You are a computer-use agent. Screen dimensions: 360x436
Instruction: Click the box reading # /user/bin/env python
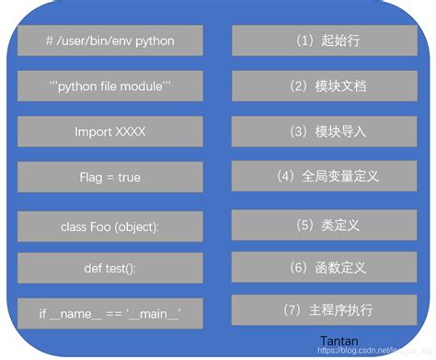tap(110, 41)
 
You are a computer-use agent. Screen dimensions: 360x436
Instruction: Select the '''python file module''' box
tap(110, 87)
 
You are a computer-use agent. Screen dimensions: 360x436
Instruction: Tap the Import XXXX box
tap(110, 132)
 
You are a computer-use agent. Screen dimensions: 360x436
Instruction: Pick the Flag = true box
tap(110, 177)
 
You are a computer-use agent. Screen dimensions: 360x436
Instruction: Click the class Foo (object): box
tap(110, 225)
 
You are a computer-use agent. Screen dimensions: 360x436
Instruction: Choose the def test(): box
tap(110, 269)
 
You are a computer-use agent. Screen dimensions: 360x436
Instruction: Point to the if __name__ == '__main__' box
tap(110, 314)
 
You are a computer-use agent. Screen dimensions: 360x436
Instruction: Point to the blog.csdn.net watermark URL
tap(373, 352)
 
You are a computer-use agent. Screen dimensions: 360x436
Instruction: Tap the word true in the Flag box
tap(129, 177)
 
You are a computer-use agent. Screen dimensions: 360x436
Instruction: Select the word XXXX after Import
tap(130, 132)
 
